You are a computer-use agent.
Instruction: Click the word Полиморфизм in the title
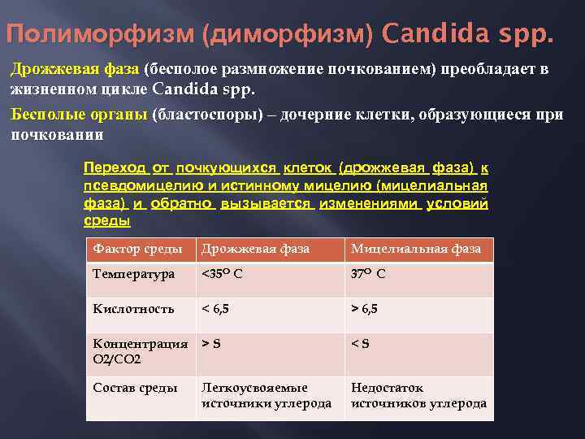tap(101, 36)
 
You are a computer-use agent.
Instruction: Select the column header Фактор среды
tap(132, 249)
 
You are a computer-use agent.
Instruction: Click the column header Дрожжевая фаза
tap(255, 249)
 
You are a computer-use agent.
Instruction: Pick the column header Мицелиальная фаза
tap(416, 249)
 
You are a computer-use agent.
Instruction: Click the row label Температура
tap(134, 274)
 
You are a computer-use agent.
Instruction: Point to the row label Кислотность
tap(134, 309)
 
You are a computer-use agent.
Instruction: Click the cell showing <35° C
tap(222, 274)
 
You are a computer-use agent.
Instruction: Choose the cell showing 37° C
tap(368, 274)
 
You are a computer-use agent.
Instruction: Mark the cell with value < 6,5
tap(215, 309)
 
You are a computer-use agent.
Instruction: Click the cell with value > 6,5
tap(364, 309)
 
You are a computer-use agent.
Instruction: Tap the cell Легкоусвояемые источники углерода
tap(266, 395)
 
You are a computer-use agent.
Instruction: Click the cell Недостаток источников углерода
tap(418, 395)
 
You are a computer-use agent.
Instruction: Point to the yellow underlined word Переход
tap(115, 168)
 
